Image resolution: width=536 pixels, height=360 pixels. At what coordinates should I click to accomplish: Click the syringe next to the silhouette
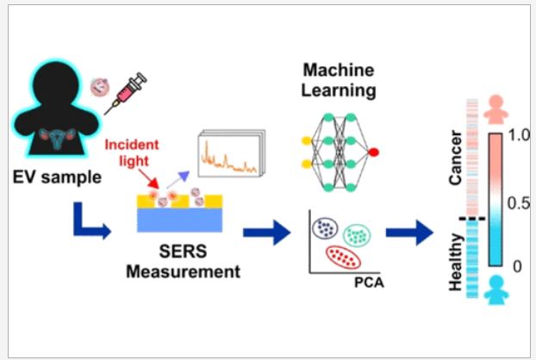tap(126, 92)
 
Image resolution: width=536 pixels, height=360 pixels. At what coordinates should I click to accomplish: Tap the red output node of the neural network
tap(373, 152)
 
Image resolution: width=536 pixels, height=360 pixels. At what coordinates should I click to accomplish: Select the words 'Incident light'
tap(132, 152)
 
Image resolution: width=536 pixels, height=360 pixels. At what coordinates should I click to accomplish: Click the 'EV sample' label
tap(57, 177)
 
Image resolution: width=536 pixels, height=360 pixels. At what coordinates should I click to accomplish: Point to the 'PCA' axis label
tap(369, 282)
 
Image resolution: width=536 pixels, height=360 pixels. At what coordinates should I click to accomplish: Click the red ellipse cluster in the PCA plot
tap(343, 258)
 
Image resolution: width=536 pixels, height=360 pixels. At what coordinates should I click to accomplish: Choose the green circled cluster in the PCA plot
tap(357, 235)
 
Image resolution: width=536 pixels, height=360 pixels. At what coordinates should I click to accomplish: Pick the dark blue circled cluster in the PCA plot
tap(325, 227)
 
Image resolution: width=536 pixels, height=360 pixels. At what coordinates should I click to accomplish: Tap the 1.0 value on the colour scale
tap(519, 135)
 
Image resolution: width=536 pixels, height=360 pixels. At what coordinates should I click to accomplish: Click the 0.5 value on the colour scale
tap(519, 203)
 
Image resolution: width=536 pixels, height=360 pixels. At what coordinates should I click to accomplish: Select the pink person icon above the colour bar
tap(496, 109)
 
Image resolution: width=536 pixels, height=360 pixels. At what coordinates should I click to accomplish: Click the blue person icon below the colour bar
tap(496, 289)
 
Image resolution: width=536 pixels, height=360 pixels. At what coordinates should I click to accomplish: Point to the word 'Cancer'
tap(456, 158)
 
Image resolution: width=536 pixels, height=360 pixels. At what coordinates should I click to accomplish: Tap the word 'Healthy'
tap(456, 263)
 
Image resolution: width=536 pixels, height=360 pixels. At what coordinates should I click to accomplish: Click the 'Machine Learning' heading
tap(339, 80)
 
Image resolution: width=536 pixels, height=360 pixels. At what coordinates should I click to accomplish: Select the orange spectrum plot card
tap(232, 153)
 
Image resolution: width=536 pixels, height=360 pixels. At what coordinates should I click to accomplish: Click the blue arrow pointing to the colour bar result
tap(409, 233)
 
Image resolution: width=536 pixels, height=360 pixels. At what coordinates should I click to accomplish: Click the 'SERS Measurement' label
tap(184, 262)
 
